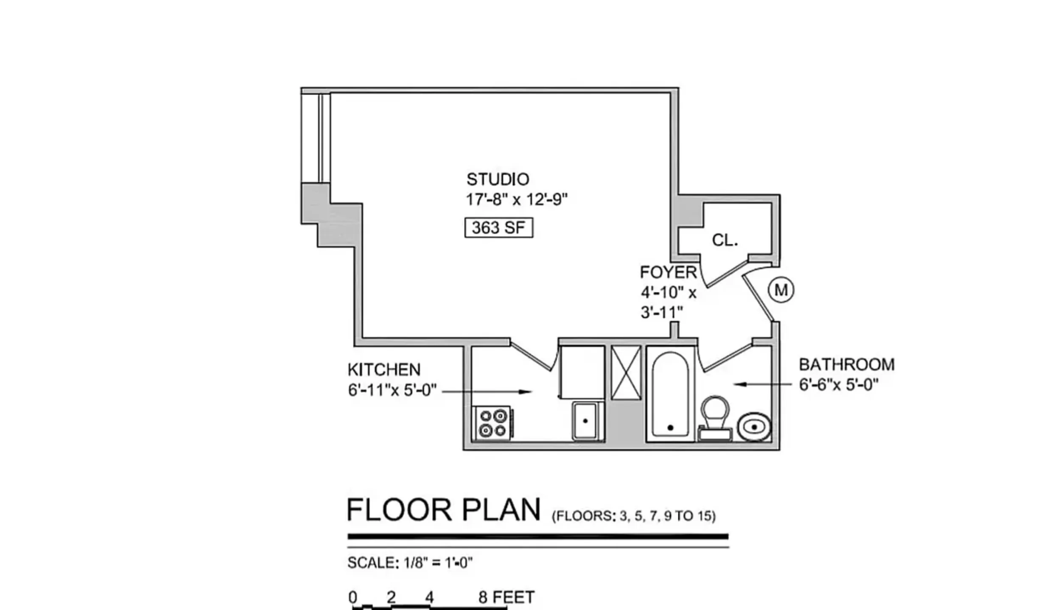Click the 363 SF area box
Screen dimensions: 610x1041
[498, 228]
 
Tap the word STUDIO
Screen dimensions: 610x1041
[498, 179]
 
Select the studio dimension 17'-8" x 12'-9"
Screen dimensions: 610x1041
[516, 199]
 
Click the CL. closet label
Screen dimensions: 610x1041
[725, 241]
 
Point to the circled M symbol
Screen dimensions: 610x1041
[781, 290]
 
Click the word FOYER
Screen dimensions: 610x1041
[668, 272]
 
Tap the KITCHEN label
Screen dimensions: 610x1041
[384, 370]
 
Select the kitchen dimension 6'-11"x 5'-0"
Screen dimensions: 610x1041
[392, 390]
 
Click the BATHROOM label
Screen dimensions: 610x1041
[847, 365]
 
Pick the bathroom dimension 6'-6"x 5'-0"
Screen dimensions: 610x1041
[839, 385]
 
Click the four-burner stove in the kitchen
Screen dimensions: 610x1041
[492, 423]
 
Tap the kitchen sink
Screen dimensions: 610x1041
[586, 421]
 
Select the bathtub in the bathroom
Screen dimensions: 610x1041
[670, 395]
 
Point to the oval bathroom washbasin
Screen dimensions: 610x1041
[754, 427]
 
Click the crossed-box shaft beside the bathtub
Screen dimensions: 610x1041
[626, 372]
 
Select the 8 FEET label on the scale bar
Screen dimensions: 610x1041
[507, 597]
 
